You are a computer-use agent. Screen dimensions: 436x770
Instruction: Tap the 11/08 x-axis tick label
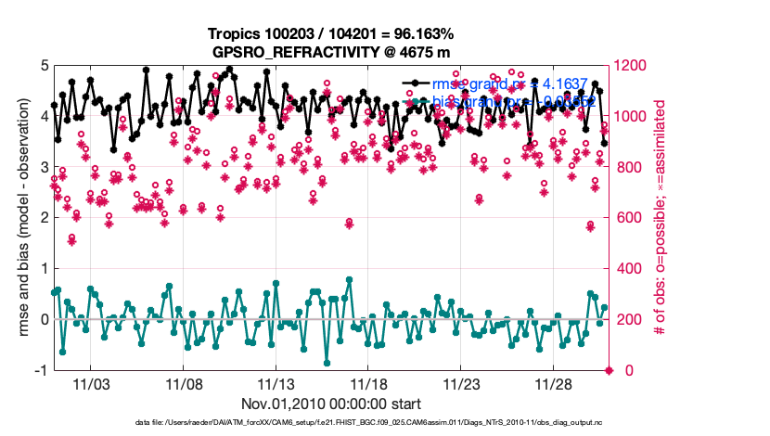[x=184, y=384]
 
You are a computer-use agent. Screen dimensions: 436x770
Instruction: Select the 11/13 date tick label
[x=276, y=384]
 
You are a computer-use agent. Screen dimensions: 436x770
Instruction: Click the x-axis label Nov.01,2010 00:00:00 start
[x=330, y=404]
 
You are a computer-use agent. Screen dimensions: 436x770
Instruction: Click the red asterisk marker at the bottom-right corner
[x=610, y=370]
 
